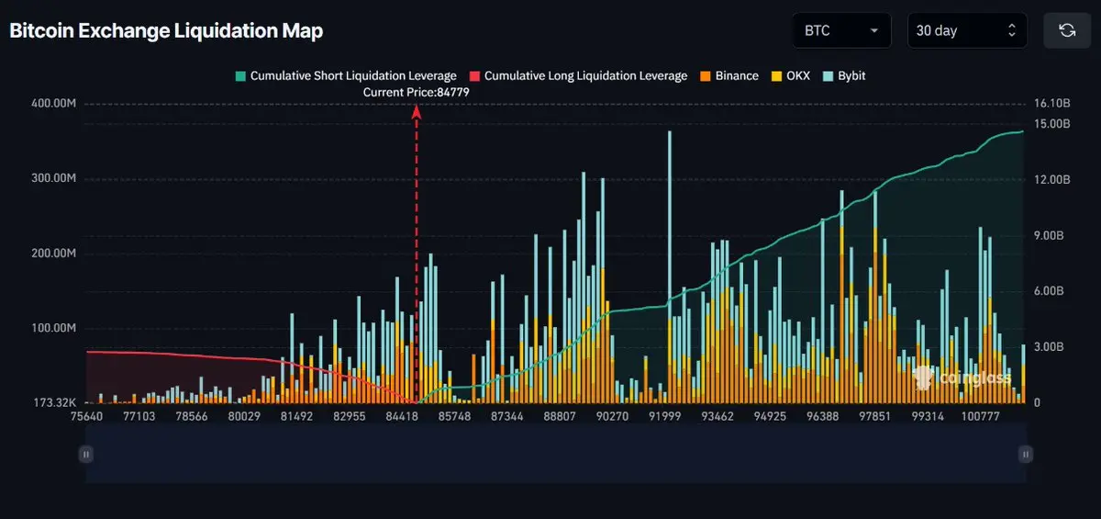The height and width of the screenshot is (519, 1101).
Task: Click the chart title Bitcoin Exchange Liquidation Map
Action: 166,30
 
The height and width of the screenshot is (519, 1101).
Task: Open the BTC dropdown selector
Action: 841,30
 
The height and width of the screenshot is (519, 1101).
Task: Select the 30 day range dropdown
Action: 967,30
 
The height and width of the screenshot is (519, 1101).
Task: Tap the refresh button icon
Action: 1067,30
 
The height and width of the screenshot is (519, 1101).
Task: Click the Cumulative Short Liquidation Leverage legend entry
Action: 346,75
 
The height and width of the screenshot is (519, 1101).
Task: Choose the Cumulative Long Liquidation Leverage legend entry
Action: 578,75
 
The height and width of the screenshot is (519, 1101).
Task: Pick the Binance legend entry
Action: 729,75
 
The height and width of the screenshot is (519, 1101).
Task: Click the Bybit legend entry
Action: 844,75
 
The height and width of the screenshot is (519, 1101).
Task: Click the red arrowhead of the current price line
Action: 417,111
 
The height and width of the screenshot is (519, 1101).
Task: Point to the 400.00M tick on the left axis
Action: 52,104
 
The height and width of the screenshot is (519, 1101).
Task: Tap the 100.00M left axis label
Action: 52,328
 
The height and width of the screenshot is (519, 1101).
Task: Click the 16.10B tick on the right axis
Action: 1052,104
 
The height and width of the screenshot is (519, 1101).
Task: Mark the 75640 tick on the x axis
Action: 86,416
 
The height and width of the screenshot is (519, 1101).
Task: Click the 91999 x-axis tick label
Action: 663,416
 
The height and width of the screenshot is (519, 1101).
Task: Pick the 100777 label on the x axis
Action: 980,416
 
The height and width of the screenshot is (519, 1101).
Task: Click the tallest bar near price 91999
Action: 669,266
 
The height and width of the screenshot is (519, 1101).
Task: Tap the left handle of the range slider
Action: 86,454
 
